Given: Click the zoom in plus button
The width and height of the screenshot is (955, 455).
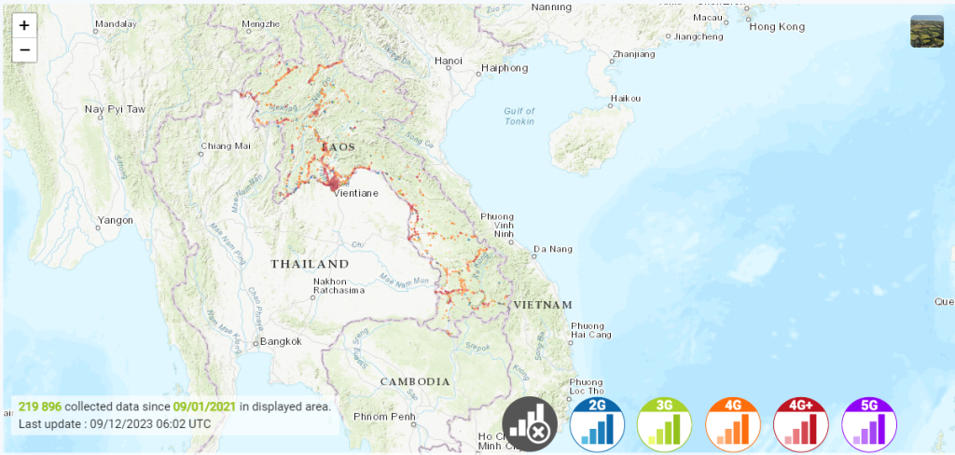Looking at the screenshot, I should [24, 26].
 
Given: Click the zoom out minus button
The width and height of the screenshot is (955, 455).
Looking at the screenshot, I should [24, 49].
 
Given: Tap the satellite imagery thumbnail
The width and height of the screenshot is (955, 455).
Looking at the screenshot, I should [927, 31].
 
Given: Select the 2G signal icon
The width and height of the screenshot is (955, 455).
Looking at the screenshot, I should [597, 424].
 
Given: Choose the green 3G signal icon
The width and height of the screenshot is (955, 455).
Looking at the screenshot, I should [665, 424].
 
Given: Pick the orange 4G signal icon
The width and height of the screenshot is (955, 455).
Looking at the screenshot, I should [733, 424].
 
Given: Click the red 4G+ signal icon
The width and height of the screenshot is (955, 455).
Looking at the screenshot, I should [801, 424].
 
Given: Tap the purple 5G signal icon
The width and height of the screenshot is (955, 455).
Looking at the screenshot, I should [869, 424].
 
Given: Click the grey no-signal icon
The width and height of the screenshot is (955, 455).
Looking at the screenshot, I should [530, 424].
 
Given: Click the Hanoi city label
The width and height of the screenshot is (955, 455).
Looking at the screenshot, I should [449, 62].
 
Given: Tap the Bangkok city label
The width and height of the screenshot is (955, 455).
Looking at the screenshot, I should [281, 341].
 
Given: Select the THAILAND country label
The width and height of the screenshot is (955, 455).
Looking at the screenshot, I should [310, 264].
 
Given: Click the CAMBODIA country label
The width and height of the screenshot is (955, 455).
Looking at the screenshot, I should [415, 381].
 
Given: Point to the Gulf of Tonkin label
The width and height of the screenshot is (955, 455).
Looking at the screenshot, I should [519, 116].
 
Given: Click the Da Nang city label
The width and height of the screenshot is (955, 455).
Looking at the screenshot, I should [550, 250].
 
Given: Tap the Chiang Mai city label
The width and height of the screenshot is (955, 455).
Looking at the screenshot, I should [227, 146].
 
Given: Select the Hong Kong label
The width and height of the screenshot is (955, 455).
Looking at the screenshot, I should [778, 27].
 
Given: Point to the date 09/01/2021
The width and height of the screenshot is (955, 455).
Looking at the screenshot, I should [204, 407].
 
